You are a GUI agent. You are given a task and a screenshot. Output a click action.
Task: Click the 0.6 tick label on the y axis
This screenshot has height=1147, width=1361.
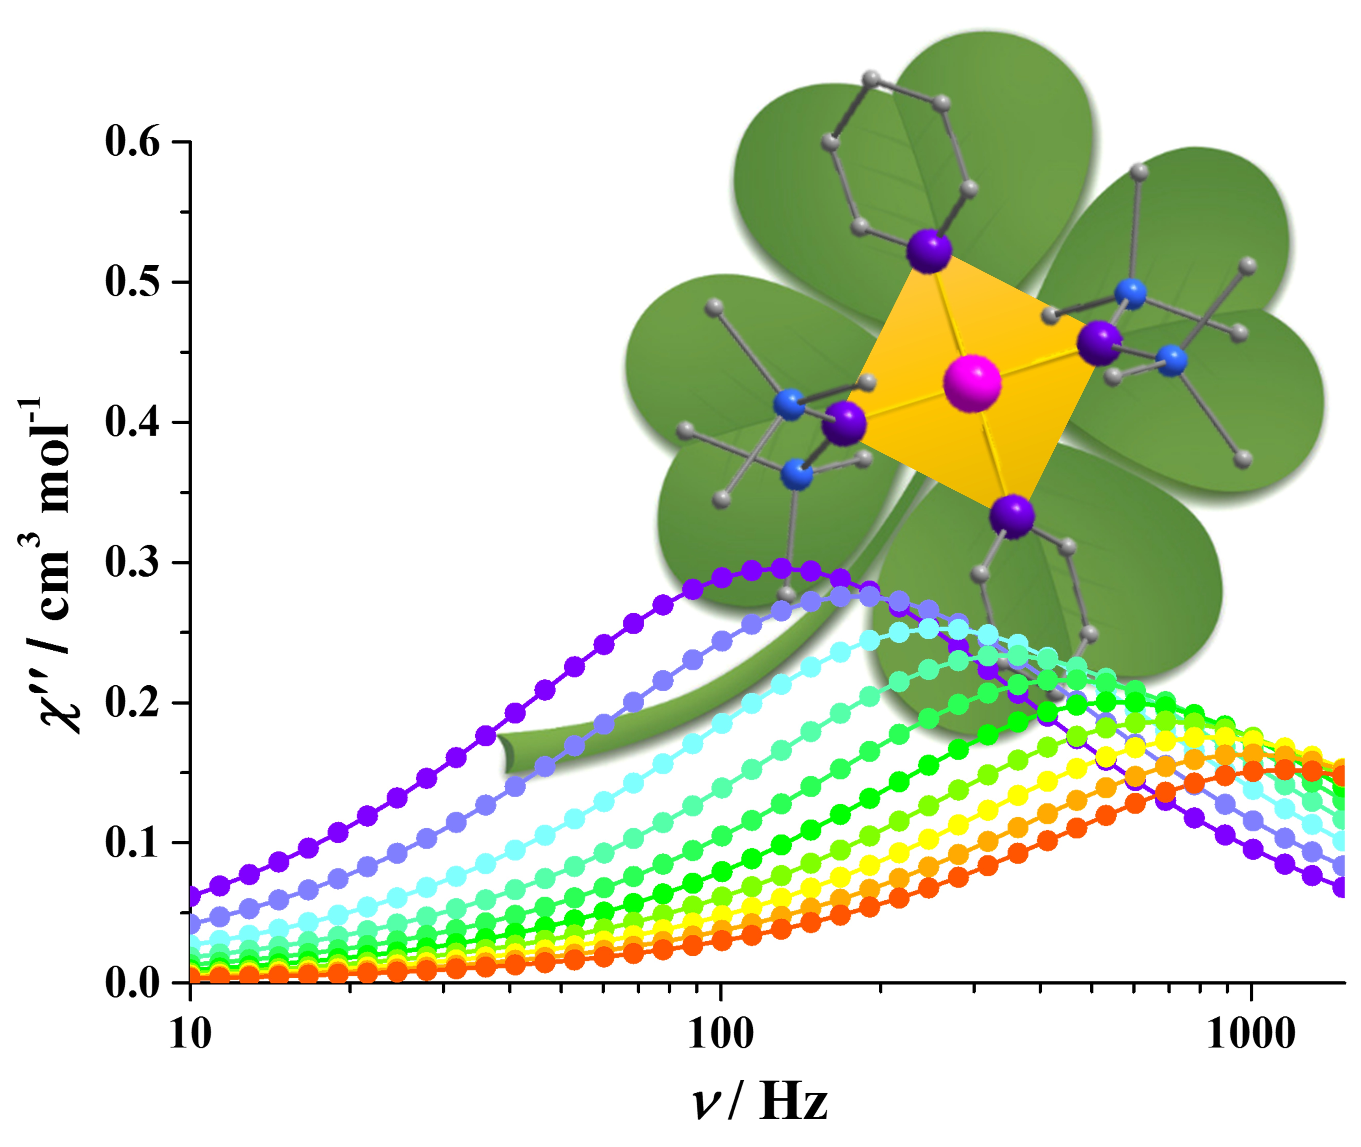tap(132, 142)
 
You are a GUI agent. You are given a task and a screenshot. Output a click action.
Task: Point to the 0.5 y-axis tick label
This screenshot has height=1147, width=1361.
tap(132, 282)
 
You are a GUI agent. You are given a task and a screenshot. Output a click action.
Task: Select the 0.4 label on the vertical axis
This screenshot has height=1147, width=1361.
tap(132, 423)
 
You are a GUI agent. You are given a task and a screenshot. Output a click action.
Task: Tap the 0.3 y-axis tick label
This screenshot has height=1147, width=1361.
tap(132, 563)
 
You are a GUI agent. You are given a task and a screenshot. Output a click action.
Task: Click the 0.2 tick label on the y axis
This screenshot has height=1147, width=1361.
tap(132, 704)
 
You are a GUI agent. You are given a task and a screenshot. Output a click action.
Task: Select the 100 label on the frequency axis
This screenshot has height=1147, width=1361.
tap(720, 1034)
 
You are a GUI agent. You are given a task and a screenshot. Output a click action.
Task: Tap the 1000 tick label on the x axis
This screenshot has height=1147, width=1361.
tap(1251, 1034)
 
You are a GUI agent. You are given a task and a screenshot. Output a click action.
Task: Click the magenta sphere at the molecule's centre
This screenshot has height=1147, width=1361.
tap(972, 384)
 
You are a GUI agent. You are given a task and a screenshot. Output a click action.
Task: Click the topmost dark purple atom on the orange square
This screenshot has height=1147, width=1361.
tap(929, 250)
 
